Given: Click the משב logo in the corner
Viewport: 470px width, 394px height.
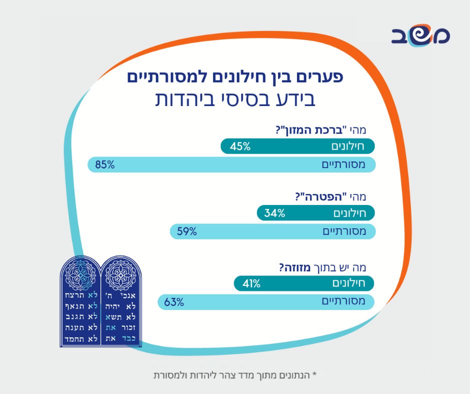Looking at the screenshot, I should coord(420,35).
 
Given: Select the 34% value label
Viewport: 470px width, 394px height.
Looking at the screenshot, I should coord(274,213).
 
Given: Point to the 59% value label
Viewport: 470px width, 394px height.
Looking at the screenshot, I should coord(186,231).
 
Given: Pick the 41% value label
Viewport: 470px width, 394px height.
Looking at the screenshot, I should coord(250,283).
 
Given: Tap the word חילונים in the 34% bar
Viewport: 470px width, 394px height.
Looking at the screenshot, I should coord(349,213).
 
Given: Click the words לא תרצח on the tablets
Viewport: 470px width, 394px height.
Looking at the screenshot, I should coord(80,295).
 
